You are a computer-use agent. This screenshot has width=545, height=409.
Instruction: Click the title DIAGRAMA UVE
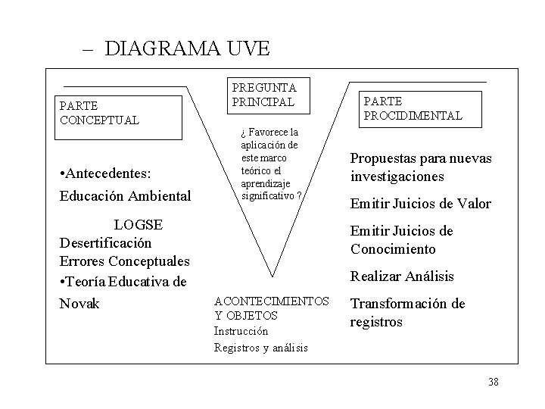click(x=187, y=49)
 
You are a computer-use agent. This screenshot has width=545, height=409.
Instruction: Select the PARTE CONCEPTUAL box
click(x=120, y=117)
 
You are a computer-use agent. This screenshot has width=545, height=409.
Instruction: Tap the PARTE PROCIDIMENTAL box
click(x=413, y=108)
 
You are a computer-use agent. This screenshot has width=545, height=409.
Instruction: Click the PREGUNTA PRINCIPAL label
click(x=264, y=95)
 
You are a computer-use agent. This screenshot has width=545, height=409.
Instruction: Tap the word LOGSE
click(x=140, y=224)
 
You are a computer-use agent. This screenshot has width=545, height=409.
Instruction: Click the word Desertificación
click(x=105, y=243)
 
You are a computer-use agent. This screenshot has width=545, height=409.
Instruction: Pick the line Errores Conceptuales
click(x=124, y=262)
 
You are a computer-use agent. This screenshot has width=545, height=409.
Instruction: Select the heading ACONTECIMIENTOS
click(x=272, y=301)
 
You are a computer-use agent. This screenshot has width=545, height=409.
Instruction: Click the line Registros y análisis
click(x=261, y=348)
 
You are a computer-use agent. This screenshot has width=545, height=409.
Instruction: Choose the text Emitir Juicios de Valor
click(x=421, y=204)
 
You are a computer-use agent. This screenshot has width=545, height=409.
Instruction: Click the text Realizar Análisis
click(x=402, y=277)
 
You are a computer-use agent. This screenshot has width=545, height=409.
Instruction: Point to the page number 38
click(x=494, y=382)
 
